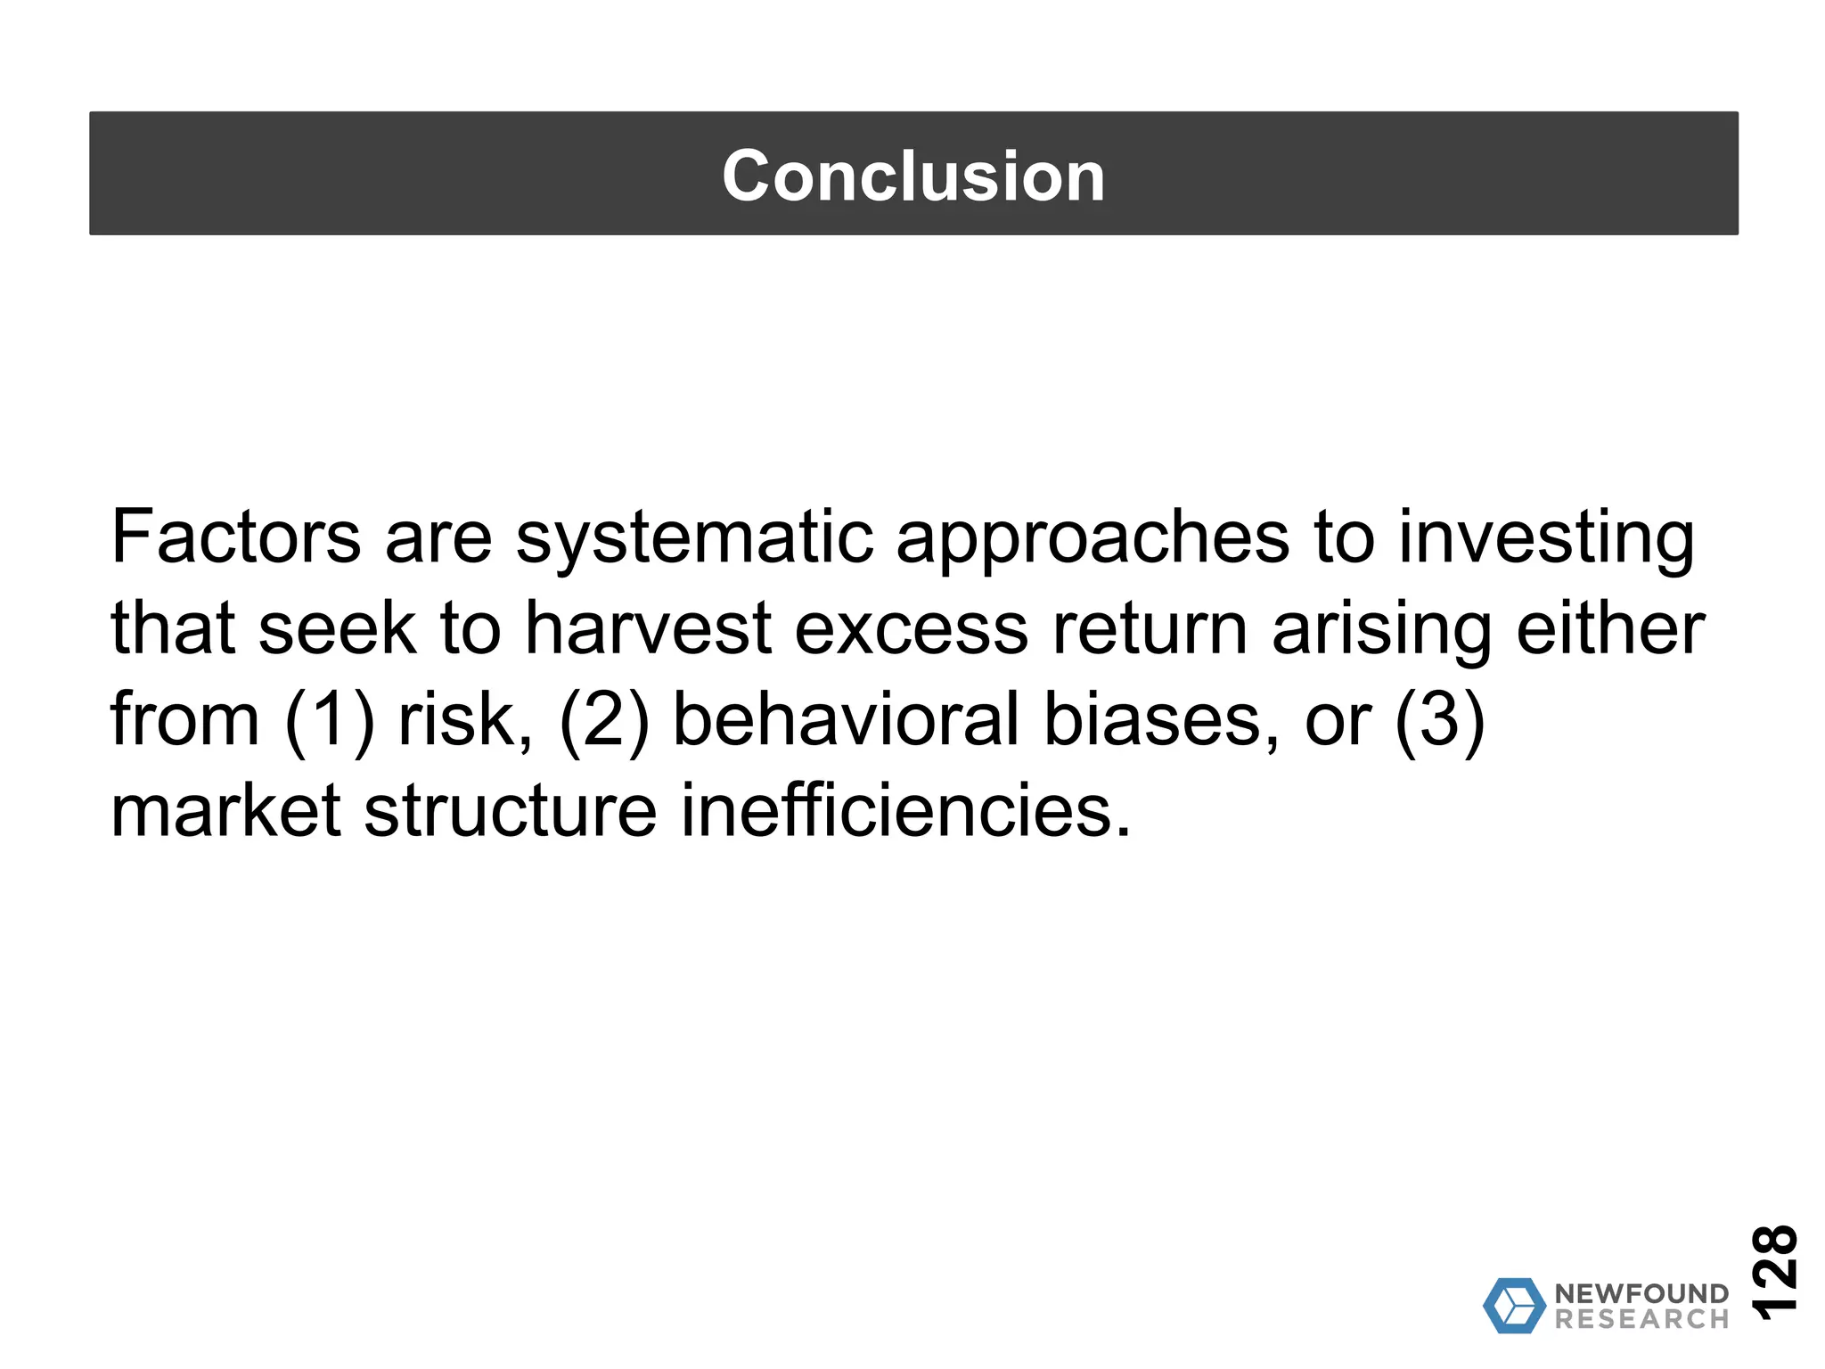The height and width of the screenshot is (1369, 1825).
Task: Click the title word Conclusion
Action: pyautogui.click(x=912, y=176)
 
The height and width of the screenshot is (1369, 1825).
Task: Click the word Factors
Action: pyautogui.click(x=235, y=537)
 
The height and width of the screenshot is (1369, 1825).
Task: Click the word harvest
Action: pyautogui.click(x=647, y=629)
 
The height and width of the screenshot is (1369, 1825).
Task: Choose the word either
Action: pyautogui.click(x=1610, y=629)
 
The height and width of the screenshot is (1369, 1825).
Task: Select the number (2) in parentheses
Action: pyautogui.click(x=604, y=721)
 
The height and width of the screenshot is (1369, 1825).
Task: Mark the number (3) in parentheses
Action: pyautogui.click(x=1439, y=721)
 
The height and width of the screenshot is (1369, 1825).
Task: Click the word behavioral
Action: pyautogui.click(x=845, y=720)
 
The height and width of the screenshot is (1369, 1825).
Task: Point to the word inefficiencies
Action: pyautogui.click(x=905, y=811)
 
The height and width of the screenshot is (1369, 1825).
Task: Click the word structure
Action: pyautogui.click(x=511, y=811)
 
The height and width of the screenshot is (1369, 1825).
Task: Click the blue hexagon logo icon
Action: pyautogui.click(x=1513, y=1306)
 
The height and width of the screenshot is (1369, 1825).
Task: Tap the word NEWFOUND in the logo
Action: pyautogui.click(x=1641, y=1293)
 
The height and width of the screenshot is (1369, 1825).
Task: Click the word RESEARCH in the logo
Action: pyautogui.click(x=1641, y=1319)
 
